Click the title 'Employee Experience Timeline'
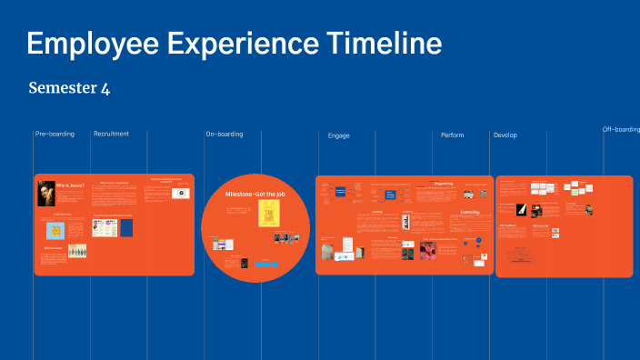(235, 43)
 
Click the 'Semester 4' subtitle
(69, 88)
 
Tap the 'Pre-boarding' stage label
(55, 135)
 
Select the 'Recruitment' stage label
(111, 134)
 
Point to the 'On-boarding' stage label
(224, 135)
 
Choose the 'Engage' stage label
(338, 135)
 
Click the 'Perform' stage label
(452, 135)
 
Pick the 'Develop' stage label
(505, 135)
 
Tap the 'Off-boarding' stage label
(621, 129)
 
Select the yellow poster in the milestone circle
(268, 214)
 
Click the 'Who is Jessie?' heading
(70, 185)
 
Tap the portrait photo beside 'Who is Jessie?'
(45, 193)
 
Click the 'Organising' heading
(444, 184)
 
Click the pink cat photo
(427, 250)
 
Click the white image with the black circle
(181, 193)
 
